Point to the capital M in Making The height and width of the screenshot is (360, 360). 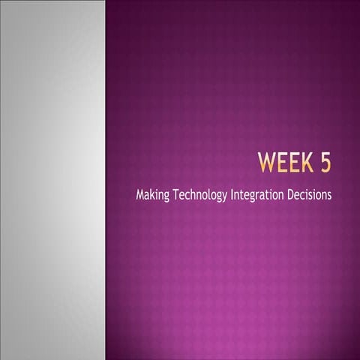[x=141, y=194]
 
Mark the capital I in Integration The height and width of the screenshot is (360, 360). [x=233, y=194]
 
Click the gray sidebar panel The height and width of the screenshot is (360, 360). [x=52, y=180]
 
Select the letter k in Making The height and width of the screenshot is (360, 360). [x=154, y=194]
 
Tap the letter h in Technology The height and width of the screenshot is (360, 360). [x=193, y=194]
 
